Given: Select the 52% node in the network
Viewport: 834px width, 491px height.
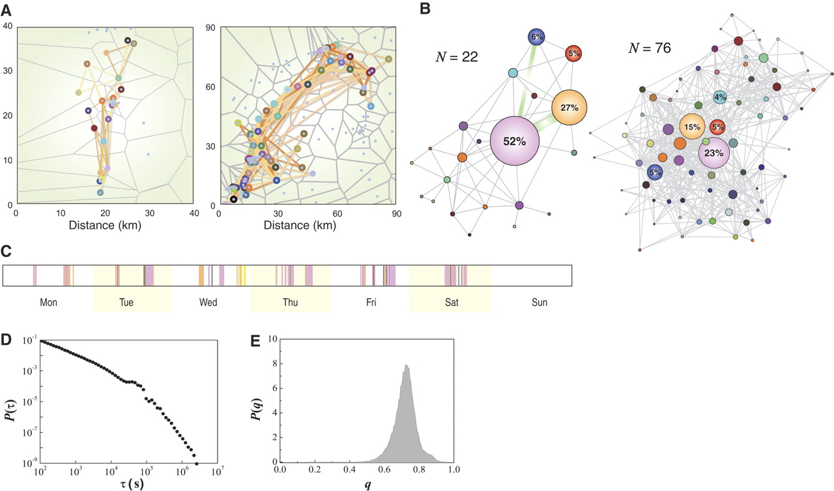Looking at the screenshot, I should [x=514, y=141].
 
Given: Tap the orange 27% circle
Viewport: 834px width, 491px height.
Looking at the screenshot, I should [x=569, y=108].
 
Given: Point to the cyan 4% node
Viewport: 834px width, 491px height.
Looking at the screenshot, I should [x=719, y=97].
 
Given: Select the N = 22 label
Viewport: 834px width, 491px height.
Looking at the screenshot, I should [x=457, y=57].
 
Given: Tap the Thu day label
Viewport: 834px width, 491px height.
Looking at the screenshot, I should [x=291, y=303].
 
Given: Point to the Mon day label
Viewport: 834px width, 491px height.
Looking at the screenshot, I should [x=49, y=303].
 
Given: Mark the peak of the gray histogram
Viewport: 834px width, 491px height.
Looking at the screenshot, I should [x=406, y=365].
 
